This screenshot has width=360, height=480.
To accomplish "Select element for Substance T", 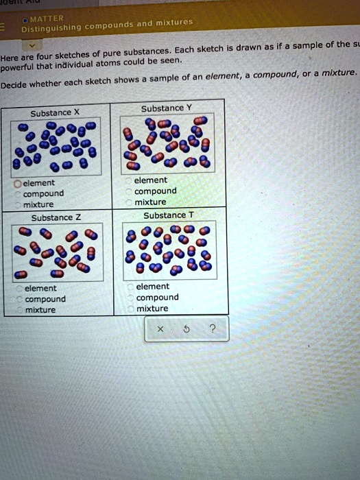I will [130, 287].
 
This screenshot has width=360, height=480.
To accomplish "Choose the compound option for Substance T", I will [130, 298].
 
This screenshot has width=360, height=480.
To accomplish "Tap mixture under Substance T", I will [130, 309].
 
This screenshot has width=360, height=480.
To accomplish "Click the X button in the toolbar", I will [160, 329].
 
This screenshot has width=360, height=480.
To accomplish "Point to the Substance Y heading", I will [163, 108].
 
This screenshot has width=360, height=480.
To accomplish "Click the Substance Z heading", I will [50, 218].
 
